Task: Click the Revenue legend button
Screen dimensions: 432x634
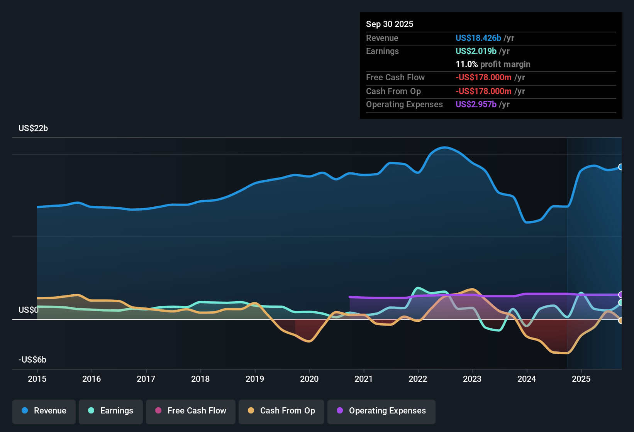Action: [44, 411]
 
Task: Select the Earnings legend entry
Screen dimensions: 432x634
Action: [111, 411]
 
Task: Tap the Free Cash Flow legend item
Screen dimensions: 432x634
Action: [191, 411]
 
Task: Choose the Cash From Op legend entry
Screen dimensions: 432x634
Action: [281, 411]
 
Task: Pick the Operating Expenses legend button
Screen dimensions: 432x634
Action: [381, 411]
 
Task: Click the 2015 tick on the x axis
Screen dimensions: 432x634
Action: [37, 379]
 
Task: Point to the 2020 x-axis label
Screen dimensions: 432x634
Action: [309, 379]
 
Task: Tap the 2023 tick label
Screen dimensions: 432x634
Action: [472, 379]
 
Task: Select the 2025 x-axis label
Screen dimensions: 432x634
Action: [581, 379]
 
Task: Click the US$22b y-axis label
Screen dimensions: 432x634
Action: [33, 128]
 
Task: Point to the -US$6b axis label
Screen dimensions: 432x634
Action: [32, 360]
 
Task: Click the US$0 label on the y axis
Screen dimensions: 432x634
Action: [28, 310]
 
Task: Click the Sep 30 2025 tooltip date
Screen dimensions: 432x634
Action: [390, 24]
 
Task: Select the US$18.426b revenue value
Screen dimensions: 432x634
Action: [478, 38]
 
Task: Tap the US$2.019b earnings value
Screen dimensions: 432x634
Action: [476, 51]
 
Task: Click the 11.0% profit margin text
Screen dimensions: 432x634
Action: [493, 64]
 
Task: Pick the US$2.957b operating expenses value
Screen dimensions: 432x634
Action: [476, 105]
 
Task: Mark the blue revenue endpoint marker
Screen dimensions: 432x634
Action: [621, 167]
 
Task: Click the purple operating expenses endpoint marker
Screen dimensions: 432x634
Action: [621, 295]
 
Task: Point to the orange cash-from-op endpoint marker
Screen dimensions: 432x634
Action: [621, 321]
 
